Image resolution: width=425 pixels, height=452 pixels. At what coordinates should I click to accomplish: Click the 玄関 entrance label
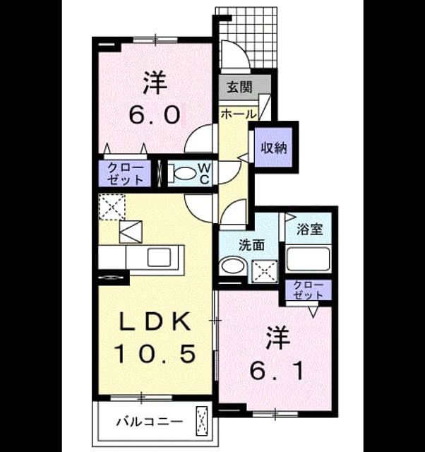[239, 88]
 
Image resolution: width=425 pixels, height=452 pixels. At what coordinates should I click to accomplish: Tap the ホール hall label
[239, 114]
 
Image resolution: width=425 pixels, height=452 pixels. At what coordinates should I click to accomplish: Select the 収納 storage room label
[274, 148]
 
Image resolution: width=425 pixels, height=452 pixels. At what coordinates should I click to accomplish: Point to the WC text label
[205, 174]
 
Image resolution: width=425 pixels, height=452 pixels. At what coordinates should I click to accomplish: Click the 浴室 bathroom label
[310, 229]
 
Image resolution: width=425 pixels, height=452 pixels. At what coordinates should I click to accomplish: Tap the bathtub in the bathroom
[308, 258]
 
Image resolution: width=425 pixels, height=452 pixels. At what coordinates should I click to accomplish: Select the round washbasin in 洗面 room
[232, 266]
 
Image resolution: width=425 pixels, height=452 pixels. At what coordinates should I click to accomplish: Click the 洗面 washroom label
[251, 245]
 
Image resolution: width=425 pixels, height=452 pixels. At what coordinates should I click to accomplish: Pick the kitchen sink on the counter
[159, 257]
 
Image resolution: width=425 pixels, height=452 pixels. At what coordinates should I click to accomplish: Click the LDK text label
[155, 321]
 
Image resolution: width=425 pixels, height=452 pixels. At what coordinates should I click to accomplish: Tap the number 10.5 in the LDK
[155, 354]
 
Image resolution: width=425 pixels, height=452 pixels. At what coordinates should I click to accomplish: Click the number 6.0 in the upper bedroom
[155, 114]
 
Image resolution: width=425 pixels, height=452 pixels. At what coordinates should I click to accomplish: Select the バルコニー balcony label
[149, 422]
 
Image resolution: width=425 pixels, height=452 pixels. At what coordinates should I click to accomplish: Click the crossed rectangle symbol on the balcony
[202, 421]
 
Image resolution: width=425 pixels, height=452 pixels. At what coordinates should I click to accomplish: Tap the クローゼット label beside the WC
[125, 174]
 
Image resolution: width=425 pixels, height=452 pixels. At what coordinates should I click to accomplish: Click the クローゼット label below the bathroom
[308, 290]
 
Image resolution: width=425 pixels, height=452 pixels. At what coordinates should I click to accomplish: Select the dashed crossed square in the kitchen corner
[112, 207]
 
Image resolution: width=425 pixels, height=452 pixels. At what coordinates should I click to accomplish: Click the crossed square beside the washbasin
[265, 271]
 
